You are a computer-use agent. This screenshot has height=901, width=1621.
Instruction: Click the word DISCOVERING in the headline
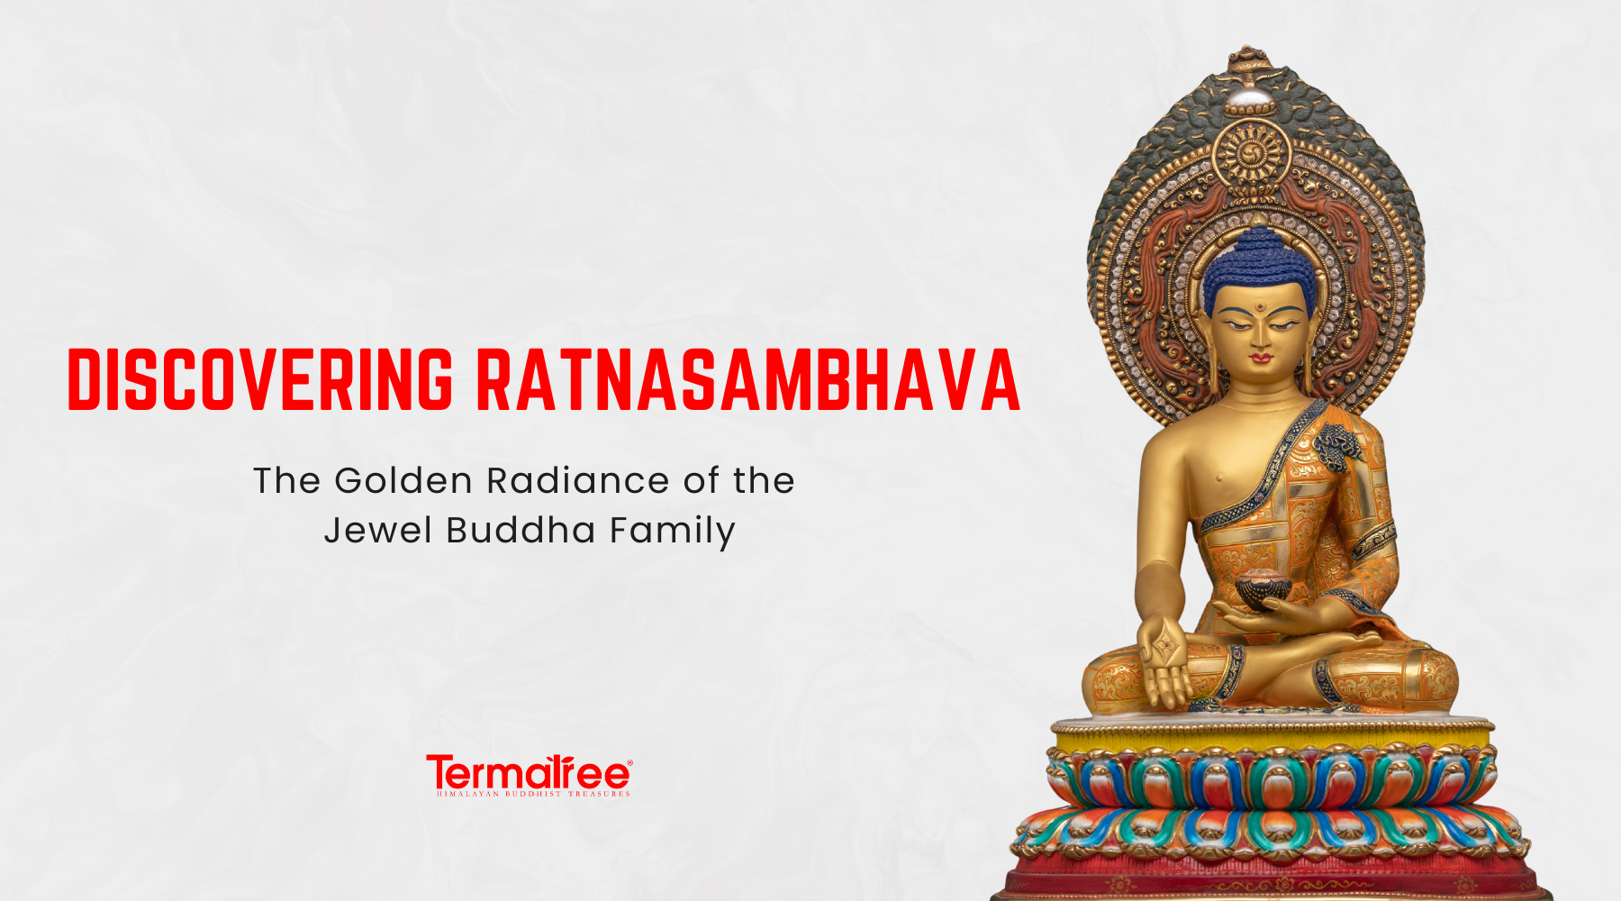pyautogui.click(x=260, y=379)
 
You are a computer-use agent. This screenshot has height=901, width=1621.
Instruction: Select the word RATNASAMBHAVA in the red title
pyautogui.click(x=748, y=379)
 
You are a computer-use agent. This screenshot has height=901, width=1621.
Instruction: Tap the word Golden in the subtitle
pyautogui.click(x=403, y=481)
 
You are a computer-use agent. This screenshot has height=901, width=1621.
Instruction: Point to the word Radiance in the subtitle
pyautogui.click(x=578, y=481)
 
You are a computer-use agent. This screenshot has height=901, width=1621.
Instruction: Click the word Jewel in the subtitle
pyautogui.click(x=378, y=530)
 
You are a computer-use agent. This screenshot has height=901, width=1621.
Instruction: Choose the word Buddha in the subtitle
pyautogui.click(x=521, y=530)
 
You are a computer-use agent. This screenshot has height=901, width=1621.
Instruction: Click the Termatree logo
pyautogui.click(x=529, y=773)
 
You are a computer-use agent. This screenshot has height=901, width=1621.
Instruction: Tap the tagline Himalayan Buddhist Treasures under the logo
pyautogui.click(x=533, y=794)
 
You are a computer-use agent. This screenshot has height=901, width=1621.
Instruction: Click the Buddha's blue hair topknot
pyautogui.click(x=1257, y=261)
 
